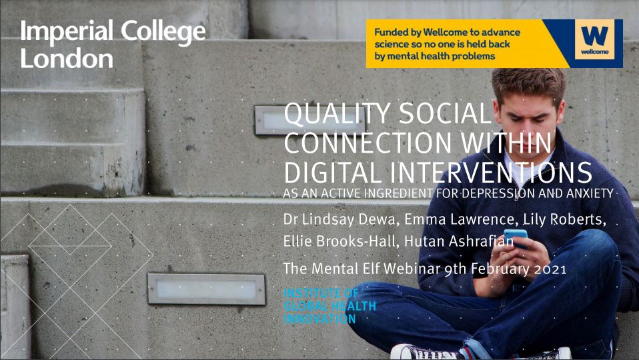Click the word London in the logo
click(67, 59)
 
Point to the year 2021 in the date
click(547, 269)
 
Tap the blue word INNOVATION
click(320, 319)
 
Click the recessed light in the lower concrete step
click(205, 288)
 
